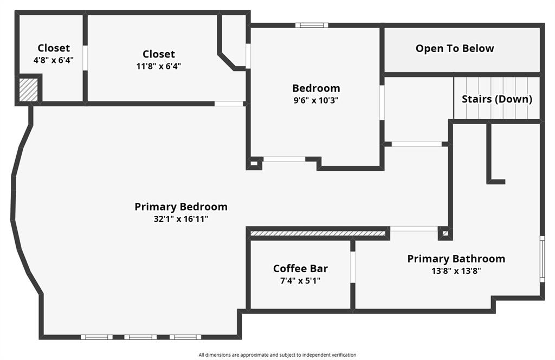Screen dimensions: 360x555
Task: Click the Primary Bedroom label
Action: click(181, 207)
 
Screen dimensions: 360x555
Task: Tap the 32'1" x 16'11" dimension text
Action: click(181, 219)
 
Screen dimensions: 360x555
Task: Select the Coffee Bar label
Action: click(300, 268)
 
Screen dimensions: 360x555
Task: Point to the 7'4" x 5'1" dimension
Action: click(300, 280)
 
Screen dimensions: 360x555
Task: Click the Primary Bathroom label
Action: click(456, 259)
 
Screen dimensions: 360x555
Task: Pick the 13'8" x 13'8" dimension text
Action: click(456, 271)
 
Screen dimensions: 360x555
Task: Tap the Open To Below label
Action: click(455, 48)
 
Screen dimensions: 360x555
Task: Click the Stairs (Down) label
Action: click(496, 99)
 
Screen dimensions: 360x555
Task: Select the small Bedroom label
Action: click(316, 88)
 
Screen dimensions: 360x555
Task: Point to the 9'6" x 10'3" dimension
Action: click(316, 100)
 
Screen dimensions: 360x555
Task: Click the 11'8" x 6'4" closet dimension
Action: click(159, 66)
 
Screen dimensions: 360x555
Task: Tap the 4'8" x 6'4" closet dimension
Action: click(54, 60)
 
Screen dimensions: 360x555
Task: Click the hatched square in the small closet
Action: click(29, 90)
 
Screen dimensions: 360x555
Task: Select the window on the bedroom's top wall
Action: click(312, 25)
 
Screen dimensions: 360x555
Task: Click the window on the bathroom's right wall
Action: click(542, 259)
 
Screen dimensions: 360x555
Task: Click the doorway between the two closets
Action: click(85, 57)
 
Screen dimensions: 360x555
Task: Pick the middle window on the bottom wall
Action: click(140, 337)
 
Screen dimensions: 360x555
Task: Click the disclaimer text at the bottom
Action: click(277, 355)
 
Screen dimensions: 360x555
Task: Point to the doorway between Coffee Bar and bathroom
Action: click(352, 267)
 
